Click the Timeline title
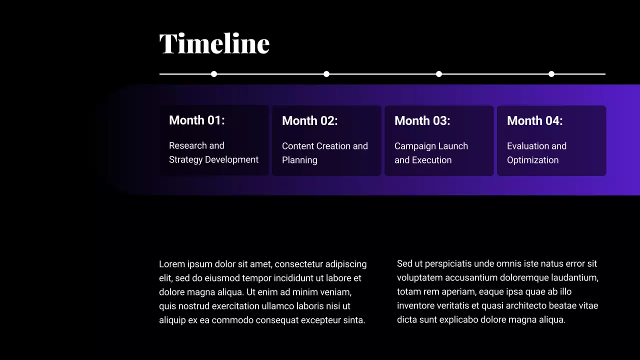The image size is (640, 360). tap(214, 43)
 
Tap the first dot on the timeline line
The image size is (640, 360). tap(214, 74)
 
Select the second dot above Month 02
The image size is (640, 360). tap(326, 74)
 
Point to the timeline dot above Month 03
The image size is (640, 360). tap(439, 74)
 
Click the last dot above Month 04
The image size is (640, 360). tap(551, 74)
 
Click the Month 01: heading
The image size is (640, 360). tap(197, 120)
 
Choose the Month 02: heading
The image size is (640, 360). tap(310, 121)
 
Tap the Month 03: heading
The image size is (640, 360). tap(422, 121)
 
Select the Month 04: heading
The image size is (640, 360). tap(535, 121)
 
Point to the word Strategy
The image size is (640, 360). tap(185, 160)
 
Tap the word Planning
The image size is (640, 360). tap(299, 160)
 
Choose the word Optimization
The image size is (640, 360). tap(533, 160)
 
